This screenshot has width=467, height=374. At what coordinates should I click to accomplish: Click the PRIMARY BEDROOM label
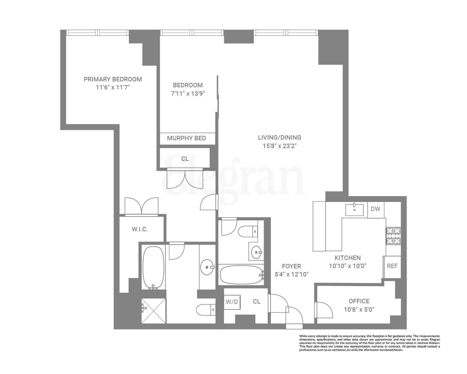[x=113, y=79]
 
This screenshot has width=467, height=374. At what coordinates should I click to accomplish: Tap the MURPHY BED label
[x=186, y=138]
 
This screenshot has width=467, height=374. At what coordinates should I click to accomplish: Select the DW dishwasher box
[x=375, y=209]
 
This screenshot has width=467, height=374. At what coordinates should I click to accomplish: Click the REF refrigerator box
[x=392, y=266]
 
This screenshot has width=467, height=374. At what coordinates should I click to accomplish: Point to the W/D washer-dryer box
[x=232, y=302]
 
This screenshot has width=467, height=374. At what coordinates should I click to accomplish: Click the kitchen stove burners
[x=393, y=236]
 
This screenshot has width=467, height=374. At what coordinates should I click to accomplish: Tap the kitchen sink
[x=354, y=210]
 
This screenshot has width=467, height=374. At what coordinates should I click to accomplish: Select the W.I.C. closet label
[x=139, y=229]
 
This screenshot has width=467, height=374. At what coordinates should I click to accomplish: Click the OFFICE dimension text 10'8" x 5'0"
[x=359, y=309]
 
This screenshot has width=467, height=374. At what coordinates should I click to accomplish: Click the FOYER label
[x=291, y=266]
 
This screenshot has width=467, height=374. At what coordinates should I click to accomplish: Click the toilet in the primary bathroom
[x=205, y=309]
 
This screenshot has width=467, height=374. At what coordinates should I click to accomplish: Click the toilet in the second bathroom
[x=248, y=232]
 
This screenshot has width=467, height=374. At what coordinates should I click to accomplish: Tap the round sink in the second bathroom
[x=257, y=252]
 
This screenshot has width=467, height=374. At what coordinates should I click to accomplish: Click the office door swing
[x=324, y=310]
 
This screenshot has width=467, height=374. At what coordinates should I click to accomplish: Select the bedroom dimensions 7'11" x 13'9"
[x=188, y=93]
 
